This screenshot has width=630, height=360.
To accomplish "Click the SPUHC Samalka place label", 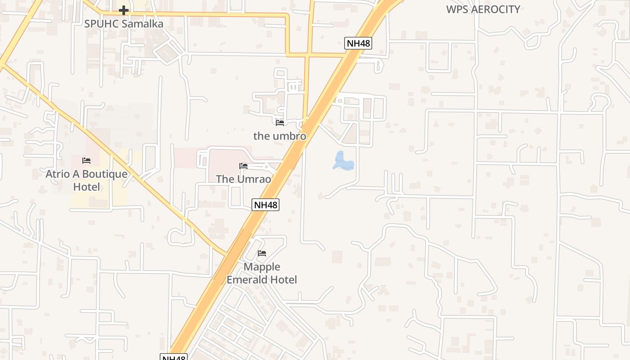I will click(124, 23).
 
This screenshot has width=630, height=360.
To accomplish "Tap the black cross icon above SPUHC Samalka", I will click(124, 10).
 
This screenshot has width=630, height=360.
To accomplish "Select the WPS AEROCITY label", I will click(483, 9).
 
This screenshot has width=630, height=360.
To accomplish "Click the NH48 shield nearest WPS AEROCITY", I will click(358, 43).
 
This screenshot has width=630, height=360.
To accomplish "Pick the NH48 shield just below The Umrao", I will click(265, 205).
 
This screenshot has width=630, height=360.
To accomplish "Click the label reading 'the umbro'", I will click(279, 136).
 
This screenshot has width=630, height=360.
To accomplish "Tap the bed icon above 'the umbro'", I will click(280, 122).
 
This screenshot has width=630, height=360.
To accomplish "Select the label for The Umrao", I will click(243, 179).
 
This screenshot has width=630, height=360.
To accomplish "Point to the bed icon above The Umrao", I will click(243, 166).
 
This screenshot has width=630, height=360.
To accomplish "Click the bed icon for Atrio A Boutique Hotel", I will click(86, 161).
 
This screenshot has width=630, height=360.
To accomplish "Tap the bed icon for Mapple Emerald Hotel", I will click(262, 254).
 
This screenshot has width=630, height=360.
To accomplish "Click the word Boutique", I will click(105, 174).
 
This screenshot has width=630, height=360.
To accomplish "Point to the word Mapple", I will click(262, 267).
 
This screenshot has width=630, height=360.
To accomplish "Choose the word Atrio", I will click(58, 174).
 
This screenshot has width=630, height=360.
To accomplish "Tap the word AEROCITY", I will click(496, 9).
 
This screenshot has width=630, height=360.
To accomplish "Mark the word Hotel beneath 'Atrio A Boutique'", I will click(86, 187).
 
